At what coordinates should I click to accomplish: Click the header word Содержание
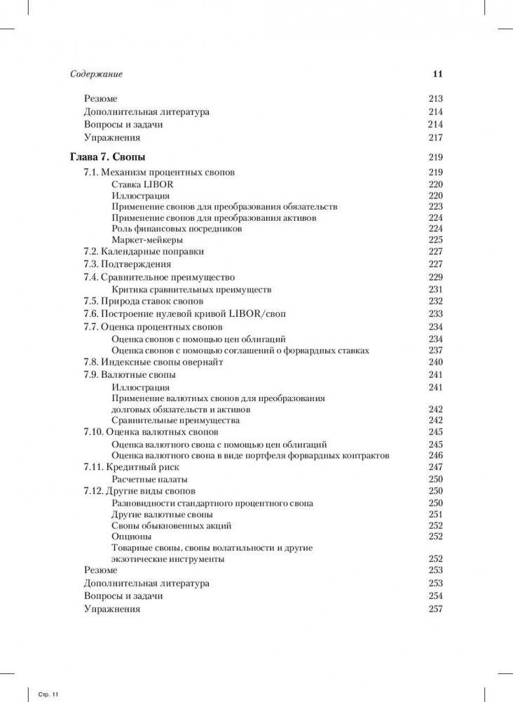pos(97,74)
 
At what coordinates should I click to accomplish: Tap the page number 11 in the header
pos(437,74)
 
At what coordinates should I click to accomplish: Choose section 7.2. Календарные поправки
pos(144,252)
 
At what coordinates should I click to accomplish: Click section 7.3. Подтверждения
pos(127,264)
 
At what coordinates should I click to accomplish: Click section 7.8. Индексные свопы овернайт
pos(153,362)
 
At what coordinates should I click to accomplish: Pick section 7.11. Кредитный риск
pos(132,466)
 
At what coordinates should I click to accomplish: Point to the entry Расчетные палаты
pos(148,478)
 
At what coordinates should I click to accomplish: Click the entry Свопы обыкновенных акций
pos(172,525)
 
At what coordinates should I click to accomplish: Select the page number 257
pos(435,609)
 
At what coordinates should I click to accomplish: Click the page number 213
pos(435,99)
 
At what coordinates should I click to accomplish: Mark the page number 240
pos(435,362)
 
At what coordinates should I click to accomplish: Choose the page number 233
pos(435,313)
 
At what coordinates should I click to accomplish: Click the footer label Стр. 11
pos(48,694)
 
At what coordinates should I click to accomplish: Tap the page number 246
pos(435,455)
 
